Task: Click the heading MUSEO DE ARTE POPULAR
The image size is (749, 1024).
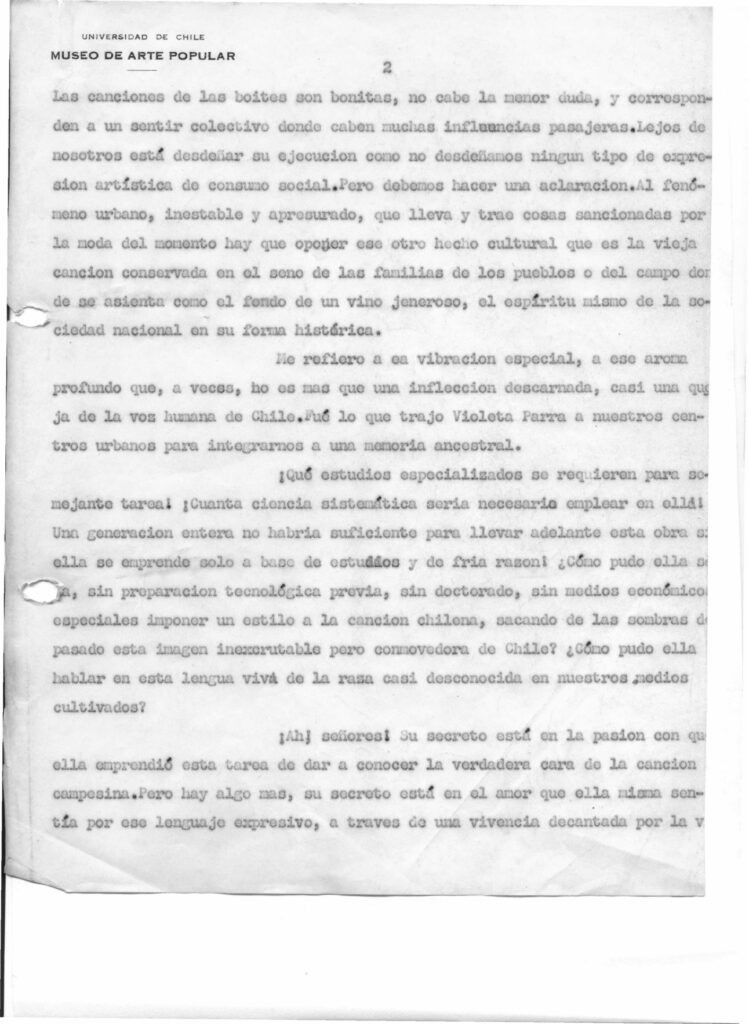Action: pyautogui.click(x=143, y=56)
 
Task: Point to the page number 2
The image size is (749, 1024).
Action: pyautogui.click(x=387, y=69)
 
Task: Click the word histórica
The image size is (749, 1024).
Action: pyautogui.click(x=340, y=331)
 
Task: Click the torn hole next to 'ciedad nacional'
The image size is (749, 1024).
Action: pyautogui.click(x=29, y=317)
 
